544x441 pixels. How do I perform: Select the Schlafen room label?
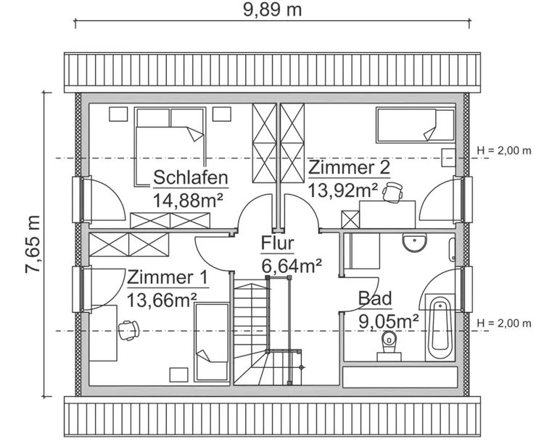(191, 178)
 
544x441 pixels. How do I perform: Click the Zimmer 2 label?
(349, 168)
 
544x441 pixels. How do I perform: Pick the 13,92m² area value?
(343, 190)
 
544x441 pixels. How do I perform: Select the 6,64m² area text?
(291, 266)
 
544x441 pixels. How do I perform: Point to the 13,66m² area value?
(162, 300)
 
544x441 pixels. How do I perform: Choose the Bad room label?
(375, 298)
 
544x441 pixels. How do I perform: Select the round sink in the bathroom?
(415, 244)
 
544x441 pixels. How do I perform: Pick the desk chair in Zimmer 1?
(129, 329)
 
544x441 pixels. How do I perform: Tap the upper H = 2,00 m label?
(503, 151)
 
